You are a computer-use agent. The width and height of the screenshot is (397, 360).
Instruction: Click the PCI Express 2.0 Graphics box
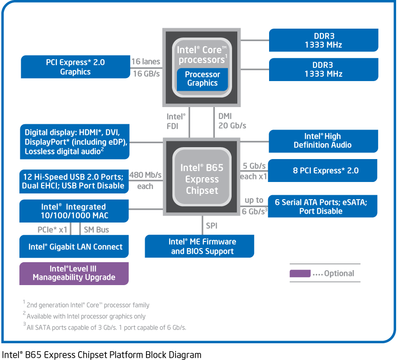75,67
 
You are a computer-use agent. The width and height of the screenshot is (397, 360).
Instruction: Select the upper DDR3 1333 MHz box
323,40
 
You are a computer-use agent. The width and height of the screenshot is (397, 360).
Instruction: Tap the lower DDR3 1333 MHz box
323,70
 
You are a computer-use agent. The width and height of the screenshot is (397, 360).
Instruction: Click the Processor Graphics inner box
202,79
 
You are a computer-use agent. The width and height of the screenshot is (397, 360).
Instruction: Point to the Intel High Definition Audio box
323,141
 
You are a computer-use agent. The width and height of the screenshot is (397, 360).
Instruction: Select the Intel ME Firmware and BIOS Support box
199,246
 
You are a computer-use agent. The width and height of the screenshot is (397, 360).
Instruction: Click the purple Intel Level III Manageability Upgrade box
74,273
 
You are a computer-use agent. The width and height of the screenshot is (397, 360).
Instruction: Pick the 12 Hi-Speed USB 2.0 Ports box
74,181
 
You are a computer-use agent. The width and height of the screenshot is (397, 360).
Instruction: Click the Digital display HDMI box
75,142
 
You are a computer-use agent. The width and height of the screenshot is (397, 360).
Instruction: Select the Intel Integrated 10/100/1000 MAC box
74,211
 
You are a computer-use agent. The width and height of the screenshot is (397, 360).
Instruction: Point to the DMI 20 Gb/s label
232,121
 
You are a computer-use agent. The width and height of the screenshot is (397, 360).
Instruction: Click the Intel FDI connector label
176,121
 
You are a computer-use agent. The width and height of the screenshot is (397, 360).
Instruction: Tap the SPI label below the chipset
212,226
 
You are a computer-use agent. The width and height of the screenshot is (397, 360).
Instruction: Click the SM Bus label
96,230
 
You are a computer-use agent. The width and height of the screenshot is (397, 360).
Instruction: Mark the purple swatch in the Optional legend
300,274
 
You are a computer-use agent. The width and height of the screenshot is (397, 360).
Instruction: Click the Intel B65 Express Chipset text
202,179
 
